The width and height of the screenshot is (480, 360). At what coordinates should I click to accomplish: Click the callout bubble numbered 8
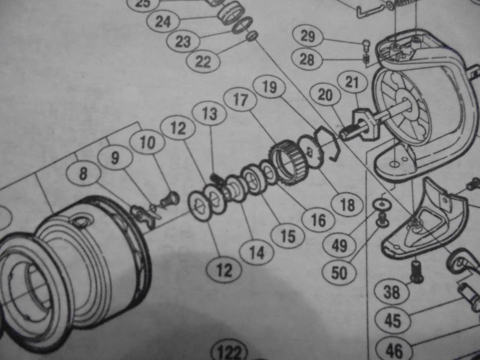tap(83, 173)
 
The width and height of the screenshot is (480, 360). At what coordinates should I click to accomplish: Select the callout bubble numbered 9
tap(115, 158)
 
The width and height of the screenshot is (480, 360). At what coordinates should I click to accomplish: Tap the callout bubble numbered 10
tap(148, 142)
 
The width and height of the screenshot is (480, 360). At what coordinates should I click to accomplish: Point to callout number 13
tap(210, 114)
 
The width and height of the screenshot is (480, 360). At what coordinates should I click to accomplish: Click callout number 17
tap(240, 99)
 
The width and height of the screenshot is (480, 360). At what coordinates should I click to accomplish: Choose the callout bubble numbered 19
tap(270, 87)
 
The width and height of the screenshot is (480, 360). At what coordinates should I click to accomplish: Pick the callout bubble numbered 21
tap(352, 82)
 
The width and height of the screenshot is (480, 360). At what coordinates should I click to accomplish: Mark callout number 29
tap(307, 36)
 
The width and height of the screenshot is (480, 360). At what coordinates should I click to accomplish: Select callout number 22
tap(203, 61)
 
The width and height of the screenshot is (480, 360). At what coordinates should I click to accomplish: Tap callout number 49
tap(339, 245)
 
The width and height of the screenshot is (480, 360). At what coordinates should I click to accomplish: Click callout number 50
tap(339, 272)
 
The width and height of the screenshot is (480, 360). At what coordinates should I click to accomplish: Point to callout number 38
tap(391, 292)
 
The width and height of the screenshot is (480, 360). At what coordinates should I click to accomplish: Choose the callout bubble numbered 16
tap(318, 220)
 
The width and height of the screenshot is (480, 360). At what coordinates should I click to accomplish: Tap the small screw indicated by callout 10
tap(169, 199)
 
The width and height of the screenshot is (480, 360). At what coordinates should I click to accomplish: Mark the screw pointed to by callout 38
tap(416, 270)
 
